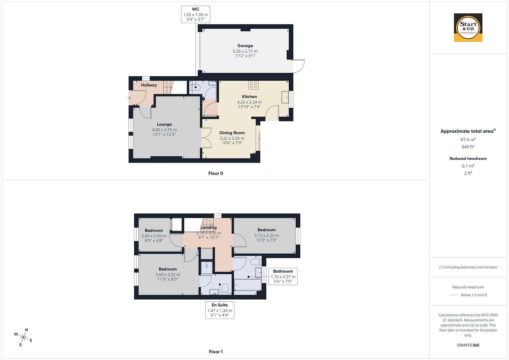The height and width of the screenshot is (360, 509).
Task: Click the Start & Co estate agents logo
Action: tap(468, 28)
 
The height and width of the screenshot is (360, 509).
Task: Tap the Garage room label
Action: tap(245, 46)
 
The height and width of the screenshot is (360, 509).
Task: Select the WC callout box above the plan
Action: tap(196, 14)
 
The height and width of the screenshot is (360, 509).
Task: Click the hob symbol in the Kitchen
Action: tap(253, 85)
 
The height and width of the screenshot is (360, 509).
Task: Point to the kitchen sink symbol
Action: tap(285, 98)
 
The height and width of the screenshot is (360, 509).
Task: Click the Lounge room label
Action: tap(164, 124)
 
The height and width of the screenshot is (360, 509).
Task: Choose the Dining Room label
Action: tap(232, 133)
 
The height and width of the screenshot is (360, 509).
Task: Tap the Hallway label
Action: tap(149, 85)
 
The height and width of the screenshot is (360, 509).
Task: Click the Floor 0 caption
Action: tap(216, 173)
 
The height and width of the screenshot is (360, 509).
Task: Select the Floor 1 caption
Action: tap(216, 352)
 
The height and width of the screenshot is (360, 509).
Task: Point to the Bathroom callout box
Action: tap(283, 276)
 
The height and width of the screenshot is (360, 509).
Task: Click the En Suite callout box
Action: tap(220, 310)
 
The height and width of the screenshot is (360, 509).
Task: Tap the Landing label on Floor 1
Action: tap(209, 228)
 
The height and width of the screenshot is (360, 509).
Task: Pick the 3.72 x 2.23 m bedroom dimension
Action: tap(266, 235)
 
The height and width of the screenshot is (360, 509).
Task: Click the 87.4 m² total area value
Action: tap(468, 140)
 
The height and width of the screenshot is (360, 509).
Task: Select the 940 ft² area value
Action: tap(468, 147)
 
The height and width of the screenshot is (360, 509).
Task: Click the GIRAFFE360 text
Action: tap(468, 345)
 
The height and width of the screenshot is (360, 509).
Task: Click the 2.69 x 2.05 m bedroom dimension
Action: tap(154, 236)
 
